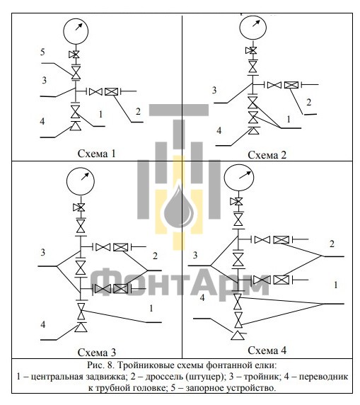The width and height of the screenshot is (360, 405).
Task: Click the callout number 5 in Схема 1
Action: click(x=42, y=52)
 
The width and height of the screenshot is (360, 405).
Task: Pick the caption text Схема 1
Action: click(x=96, y=154)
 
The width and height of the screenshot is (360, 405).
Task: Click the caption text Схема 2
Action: click(x=267, y=155)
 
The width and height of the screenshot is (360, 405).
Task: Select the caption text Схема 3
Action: click(x=97, y=353)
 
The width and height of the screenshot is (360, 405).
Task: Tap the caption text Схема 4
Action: click(x=267, y=350)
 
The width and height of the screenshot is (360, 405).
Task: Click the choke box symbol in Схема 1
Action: click(x=111, y=91)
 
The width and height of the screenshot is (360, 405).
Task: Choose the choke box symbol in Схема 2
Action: click(x=291, y=85)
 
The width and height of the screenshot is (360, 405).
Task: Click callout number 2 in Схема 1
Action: click(x=138, y=112)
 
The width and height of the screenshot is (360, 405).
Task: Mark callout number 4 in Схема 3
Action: click(x=43, y=324)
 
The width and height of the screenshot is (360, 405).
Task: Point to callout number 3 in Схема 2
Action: click(x=214, y=90)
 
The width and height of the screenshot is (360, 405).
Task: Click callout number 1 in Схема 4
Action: click(x=336, y=285)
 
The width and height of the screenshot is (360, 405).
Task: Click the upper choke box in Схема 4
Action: click(x=281, y=240)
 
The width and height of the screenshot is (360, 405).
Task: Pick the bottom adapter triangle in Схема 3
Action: click(x=81, y=327)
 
